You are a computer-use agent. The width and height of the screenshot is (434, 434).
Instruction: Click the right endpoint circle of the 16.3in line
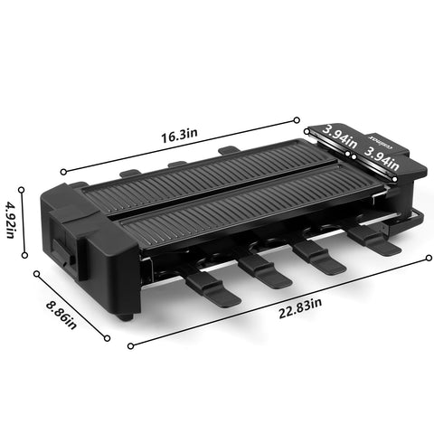pyautogui.click(x=297, y=118)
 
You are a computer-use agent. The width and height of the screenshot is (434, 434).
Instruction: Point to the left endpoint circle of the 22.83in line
pyautogui.click(x=131, y=344)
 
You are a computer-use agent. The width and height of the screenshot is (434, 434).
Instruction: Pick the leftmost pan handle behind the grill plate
pyautogui.click(x=132, y=172)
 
